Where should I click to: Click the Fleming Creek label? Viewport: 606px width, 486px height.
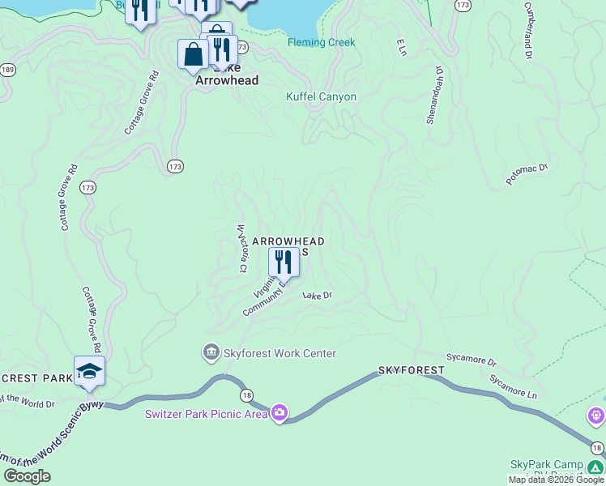click(x=321, y=43)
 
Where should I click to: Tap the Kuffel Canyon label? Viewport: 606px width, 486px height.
click(x=321, y=96)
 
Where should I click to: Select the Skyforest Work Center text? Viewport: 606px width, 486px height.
click(x=280, y=353)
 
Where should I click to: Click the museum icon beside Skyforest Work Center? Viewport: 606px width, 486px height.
click(x=211, y=352)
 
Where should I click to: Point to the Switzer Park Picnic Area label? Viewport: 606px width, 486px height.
click(x=207, y=415)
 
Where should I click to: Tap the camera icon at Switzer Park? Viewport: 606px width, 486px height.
click(x=280, y=413)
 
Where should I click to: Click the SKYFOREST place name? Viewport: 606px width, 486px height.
click(x=411, y=370)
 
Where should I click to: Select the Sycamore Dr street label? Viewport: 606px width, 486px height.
click(x=471, y=357)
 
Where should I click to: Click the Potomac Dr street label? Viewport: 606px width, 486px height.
click(x=527, y=174)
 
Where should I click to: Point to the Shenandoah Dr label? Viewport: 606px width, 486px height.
click(x=436, y=95)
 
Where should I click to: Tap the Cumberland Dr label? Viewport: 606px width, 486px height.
click(x=528, y=30)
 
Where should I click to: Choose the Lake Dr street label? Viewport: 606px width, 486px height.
click(x=318, y=296)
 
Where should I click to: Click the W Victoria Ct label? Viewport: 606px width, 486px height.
click(x=241, y=248)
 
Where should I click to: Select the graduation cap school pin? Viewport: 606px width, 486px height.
click(x=89, y=371)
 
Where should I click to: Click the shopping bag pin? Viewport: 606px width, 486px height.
click(x=194, y=55)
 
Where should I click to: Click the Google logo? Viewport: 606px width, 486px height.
click(x=28, y=476)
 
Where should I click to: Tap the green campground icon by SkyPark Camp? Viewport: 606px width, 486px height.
click(x=595, y=467)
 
